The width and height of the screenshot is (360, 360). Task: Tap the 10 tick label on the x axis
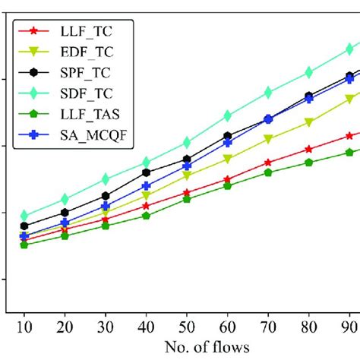tap(24, 325)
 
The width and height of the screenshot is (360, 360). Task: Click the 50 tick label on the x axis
tap(186, 325)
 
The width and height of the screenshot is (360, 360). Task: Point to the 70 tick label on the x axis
tap(267, 325)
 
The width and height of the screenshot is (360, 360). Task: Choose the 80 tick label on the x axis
tap(308, 325)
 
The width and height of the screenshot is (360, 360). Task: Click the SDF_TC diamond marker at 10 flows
tap(24, 216)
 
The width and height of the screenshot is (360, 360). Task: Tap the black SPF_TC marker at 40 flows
tap(146, 172)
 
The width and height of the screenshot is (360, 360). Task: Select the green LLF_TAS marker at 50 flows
tap(186, 199)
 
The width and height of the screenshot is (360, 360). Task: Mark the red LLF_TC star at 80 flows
tap(308, 149)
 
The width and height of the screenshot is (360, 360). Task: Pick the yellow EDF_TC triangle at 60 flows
tap(227, 159)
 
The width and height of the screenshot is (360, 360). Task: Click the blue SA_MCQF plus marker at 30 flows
tap(105, 206)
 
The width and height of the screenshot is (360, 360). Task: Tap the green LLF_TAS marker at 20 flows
tap(65, 236)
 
